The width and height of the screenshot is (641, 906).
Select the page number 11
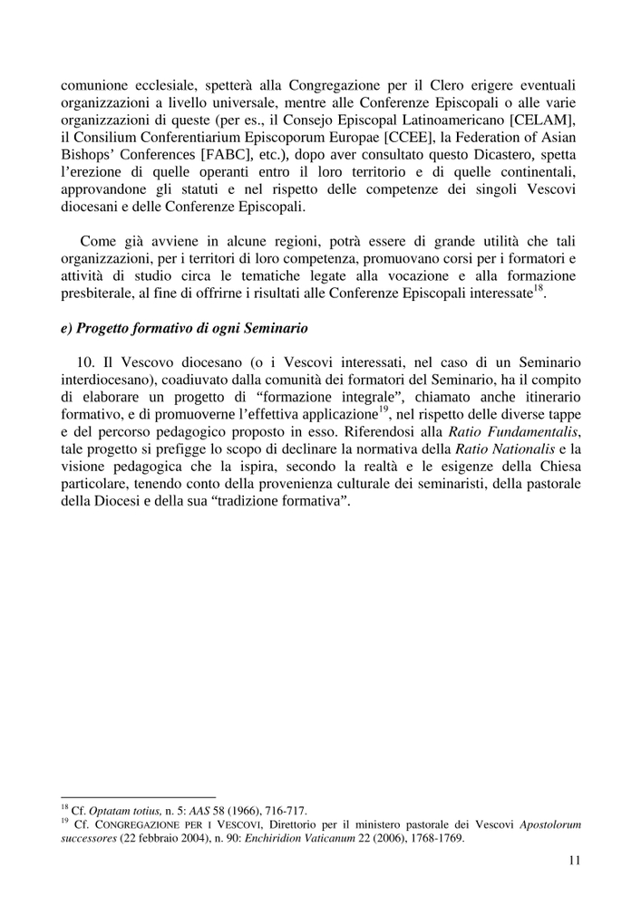click(x=574, y=861)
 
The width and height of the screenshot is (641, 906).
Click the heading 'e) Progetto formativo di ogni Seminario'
click(x=187, y=327)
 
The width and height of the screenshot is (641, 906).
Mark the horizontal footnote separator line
click(x=138, y=797)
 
